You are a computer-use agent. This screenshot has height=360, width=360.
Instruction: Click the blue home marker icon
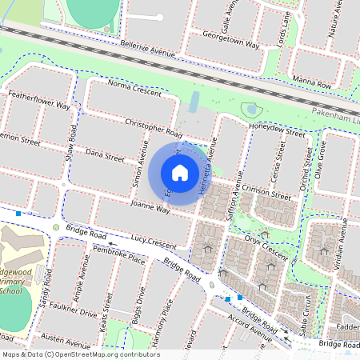[x=180, y=173]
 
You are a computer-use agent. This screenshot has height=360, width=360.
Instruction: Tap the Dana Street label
[x=105, y=154]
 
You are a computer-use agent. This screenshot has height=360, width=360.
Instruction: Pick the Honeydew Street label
[x=277, y=130]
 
